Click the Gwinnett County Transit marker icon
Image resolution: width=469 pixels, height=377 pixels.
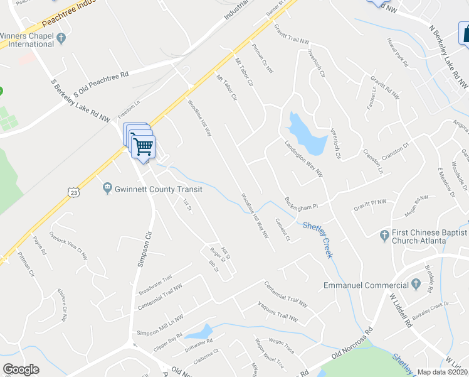[107, 188]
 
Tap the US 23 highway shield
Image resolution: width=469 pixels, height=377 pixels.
[74, 192]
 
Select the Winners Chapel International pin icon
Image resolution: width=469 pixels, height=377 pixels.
[61, 39]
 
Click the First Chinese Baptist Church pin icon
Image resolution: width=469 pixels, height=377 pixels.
[385, 236]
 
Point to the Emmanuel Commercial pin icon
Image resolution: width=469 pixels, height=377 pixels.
[416, 285]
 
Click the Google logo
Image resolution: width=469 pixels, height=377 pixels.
[21, 369]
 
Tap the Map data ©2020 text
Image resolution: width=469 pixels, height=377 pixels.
[442, 372]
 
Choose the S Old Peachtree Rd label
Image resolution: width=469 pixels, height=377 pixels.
[101, 84]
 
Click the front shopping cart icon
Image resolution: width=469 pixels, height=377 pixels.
[144, 147]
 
